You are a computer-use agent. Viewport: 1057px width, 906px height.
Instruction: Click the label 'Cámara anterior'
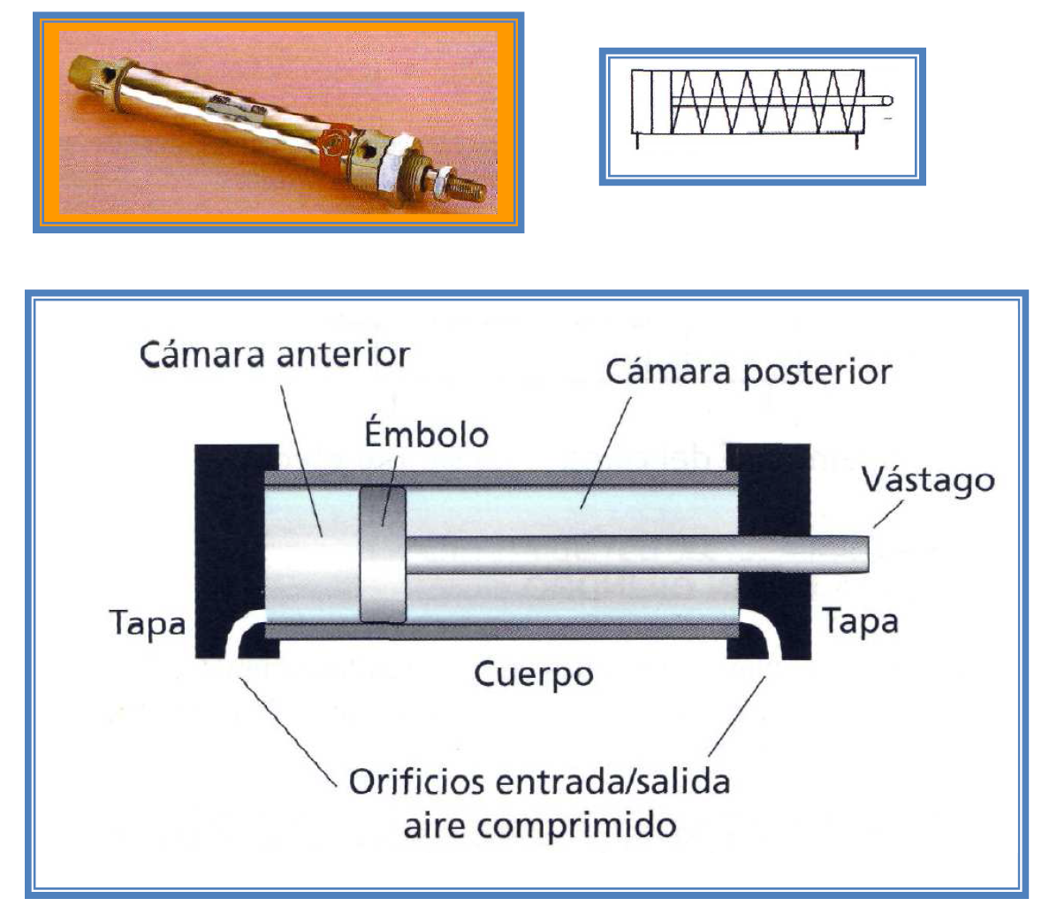point(275,355)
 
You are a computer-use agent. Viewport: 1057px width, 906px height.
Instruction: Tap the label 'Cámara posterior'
point(748,372)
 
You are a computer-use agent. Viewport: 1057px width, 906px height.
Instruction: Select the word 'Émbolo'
point(426,435)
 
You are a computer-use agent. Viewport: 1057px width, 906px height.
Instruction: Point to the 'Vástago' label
point(927,481)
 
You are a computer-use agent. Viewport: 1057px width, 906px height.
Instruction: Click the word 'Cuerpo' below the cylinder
point(533,674)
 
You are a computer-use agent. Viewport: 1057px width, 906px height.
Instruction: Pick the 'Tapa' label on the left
point(148,623)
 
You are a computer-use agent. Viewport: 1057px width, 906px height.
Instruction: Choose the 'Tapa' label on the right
point(860,621)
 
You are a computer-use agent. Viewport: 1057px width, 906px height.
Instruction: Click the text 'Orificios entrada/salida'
point(539,782)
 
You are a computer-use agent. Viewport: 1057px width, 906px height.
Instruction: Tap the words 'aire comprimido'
point(539,826)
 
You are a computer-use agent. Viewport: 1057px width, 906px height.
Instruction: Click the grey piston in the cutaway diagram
point(382,554)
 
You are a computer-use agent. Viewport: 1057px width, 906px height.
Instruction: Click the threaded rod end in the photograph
point(468,187)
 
